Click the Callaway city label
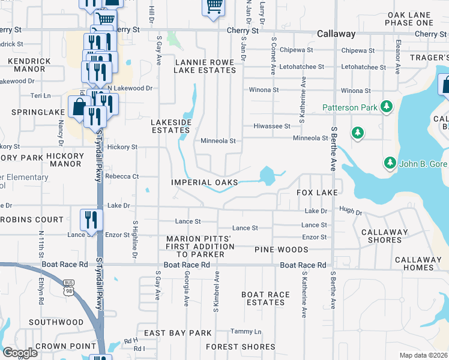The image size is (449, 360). (x=336, y=34)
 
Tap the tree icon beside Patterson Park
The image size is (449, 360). (x=387, y=107)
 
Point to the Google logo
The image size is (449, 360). (x=20, y=353)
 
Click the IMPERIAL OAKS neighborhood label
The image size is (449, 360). (x=204, y=182)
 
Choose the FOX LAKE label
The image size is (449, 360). (x=318, y=193)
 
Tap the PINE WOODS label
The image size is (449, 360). (x=281, y=250)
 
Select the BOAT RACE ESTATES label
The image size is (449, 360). (x=265, y=298)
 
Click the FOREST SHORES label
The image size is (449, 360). (x=241, y=347)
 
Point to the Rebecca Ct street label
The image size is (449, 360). (x=122, y=176)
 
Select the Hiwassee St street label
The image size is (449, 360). (x=272, y=127)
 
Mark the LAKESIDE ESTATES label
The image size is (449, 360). (x=171, y=126)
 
